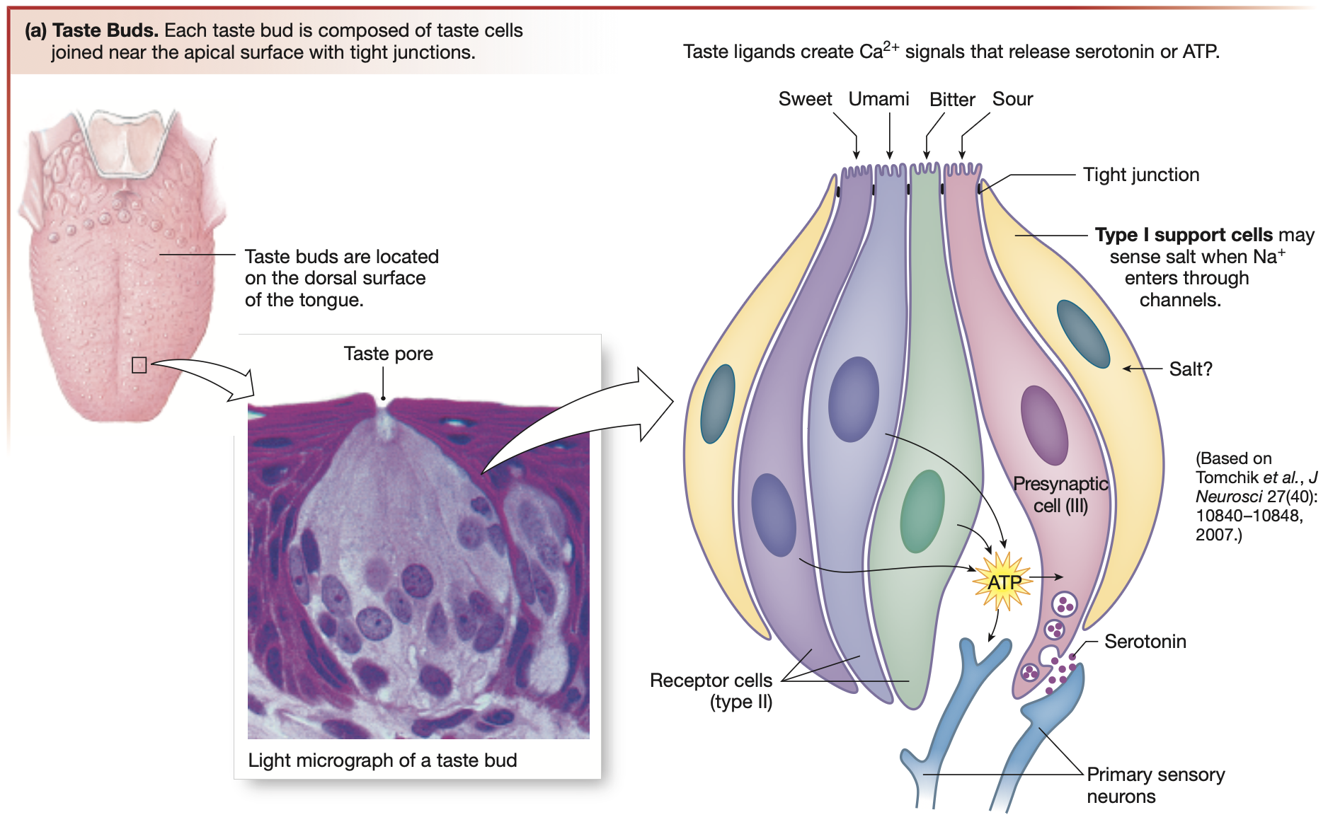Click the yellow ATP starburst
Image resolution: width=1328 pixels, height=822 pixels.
point(1002,582)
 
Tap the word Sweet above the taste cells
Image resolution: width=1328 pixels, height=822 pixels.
point(805,99)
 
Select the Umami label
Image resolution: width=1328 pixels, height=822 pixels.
point(878,99)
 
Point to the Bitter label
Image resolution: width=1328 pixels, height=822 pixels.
point(952,100)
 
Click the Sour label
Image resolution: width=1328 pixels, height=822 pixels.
point(1012,99)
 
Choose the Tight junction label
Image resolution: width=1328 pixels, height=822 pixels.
point(1140,175)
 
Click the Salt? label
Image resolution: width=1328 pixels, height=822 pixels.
point(1190,369)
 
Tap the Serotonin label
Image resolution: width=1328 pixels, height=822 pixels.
point(1145,642)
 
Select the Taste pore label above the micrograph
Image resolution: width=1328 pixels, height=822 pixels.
point(388,354)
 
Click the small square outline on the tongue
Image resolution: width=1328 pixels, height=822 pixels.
point(139,365)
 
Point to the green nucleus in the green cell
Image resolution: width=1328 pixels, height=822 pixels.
point(922,511)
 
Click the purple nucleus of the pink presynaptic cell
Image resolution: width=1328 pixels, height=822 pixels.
point(1044,424)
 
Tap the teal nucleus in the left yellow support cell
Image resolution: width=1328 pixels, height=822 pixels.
point(717,403)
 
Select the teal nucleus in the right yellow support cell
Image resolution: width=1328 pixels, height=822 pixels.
point(1082,333)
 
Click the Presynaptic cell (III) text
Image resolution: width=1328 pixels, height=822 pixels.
point(1060,494)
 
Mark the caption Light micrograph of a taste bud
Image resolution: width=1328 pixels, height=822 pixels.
point(382,760)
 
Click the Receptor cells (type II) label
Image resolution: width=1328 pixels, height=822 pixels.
point(711,690)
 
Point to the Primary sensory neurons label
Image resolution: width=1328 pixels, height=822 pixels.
point(1155,785)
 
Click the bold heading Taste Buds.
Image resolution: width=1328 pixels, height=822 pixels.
point(105,30)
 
